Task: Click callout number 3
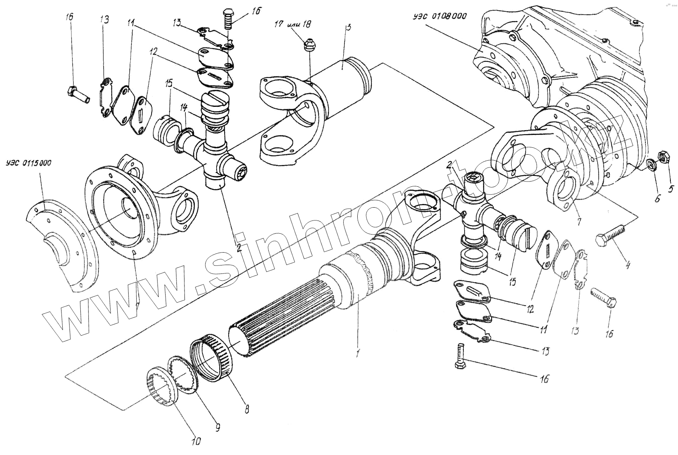[x=348, y=27]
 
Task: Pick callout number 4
[x=628, y=265]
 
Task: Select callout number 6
[x=657, y=198]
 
